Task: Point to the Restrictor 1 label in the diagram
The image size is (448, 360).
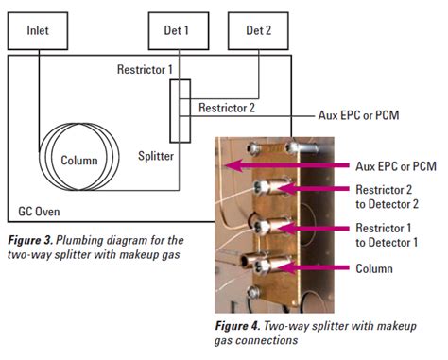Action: pyautogui.click(x=145, y=70)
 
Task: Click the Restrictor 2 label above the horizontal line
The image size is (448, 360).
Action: pyautogui.click(x=228, y=107)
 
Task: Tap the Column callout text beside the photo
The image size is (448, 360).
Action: pyautogui.click(x=373, y=268)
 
